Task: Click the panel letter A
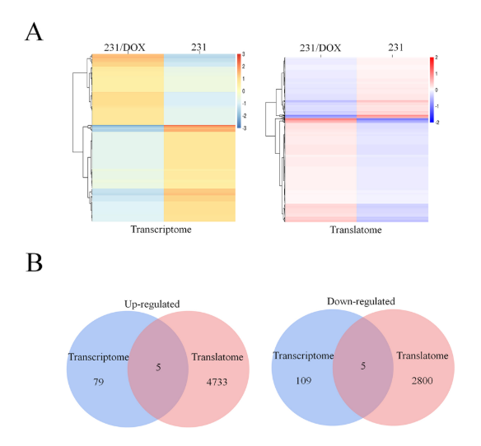pyautogui.click(x=34, y=31)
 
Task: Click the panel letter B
pyautogui.click(x=34, y=262)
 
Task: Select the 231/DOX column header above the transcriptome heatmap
pyautogui.click(x=124, y=48)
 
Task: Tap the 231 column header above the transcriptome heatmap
pyautogui.click(x=198, y=47)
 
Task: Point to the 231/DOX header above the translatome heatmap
pyautogui.click(x=320, y=48)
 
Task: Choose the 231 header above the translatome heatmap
pyautogui.click(x=395, y=47)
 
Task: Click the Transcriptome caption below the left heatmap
pyautogui.click(x=161, y=230)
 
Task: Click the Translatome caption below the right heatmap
pyautogui.click(x=356, y=230)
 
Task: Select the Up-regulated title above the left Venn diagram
pyautogui.click(x=152, y=304)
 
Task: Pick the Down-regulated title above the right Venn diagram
pyautogui.click(x=361, y=301)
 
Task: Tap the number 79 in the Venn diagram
pyautogui.click(x=99, y=382)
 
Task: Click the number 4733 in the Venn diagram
pyautogui.click(x=217, y=382)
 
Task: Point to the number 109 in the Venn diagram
pyautogui.click(x=303, y=380)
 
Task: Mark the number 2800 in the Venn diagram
pyautogui.click(x=422, y=380)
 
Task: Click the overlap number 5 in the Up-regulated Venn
pyautogui.click(x=158, y=367)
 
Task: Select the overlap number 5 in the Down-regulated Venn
pyautogui.click(x=363, y=365)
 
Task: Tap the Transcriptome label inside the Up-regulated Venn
pyautogui.click(x=99, y=357)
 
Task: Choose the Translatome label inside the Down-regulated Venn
pyautogui.click(x=423, y=355)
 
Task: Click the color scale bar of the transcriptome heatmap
pyautogui.click(x=239, y=91)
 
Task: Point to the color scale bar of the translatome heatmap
pyautogui.click(x=432, y=90)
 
